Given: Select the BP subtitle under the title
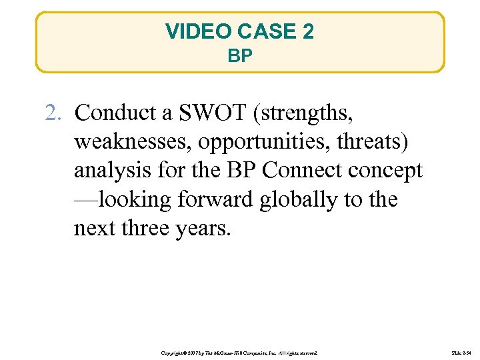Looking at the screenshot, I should click(240, 56).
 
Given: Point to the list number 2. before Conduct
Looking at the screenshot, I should click(54, 113).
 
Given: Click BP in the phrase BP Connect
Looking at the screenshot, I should click(243, 171).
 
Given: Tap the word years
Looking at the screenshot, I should click(203, 228).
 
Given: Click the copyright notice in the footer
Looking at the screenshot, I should click(240, 351).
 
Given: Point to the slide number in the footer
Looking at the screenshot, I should click(461, 351).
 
